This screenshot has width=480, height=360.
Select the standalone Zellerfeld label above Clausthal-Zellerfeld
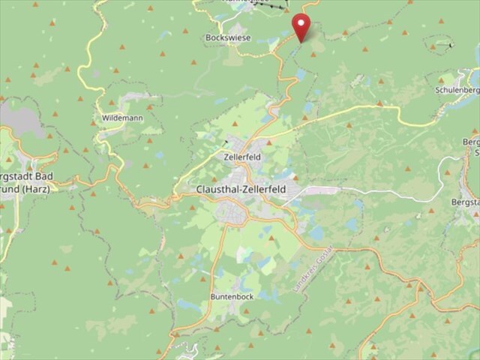point(241,157)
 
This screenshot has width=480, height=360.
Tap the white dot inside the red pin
point(301,22)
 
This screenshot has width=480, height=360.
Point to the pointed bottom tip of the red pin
point(301,41)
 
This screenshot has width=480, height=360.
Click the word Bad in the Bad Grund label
point(47,175)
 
